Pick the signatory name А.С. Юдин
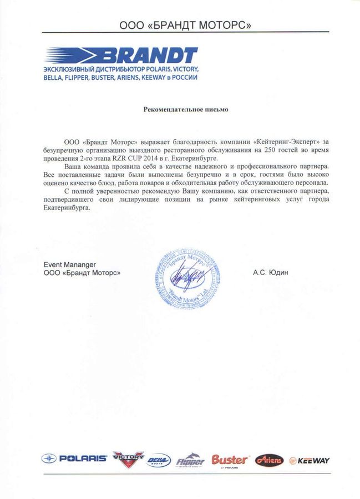pos(270,272)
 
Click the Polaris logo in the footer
pos(74,459)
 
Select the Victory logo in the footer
pos(127,458)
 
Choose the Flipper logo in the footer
pos(190,461)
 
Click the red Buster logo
pos(230,460)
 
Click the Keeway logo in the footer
pos(310,460)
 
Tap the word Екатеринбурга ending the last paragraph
pos(65,208)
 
